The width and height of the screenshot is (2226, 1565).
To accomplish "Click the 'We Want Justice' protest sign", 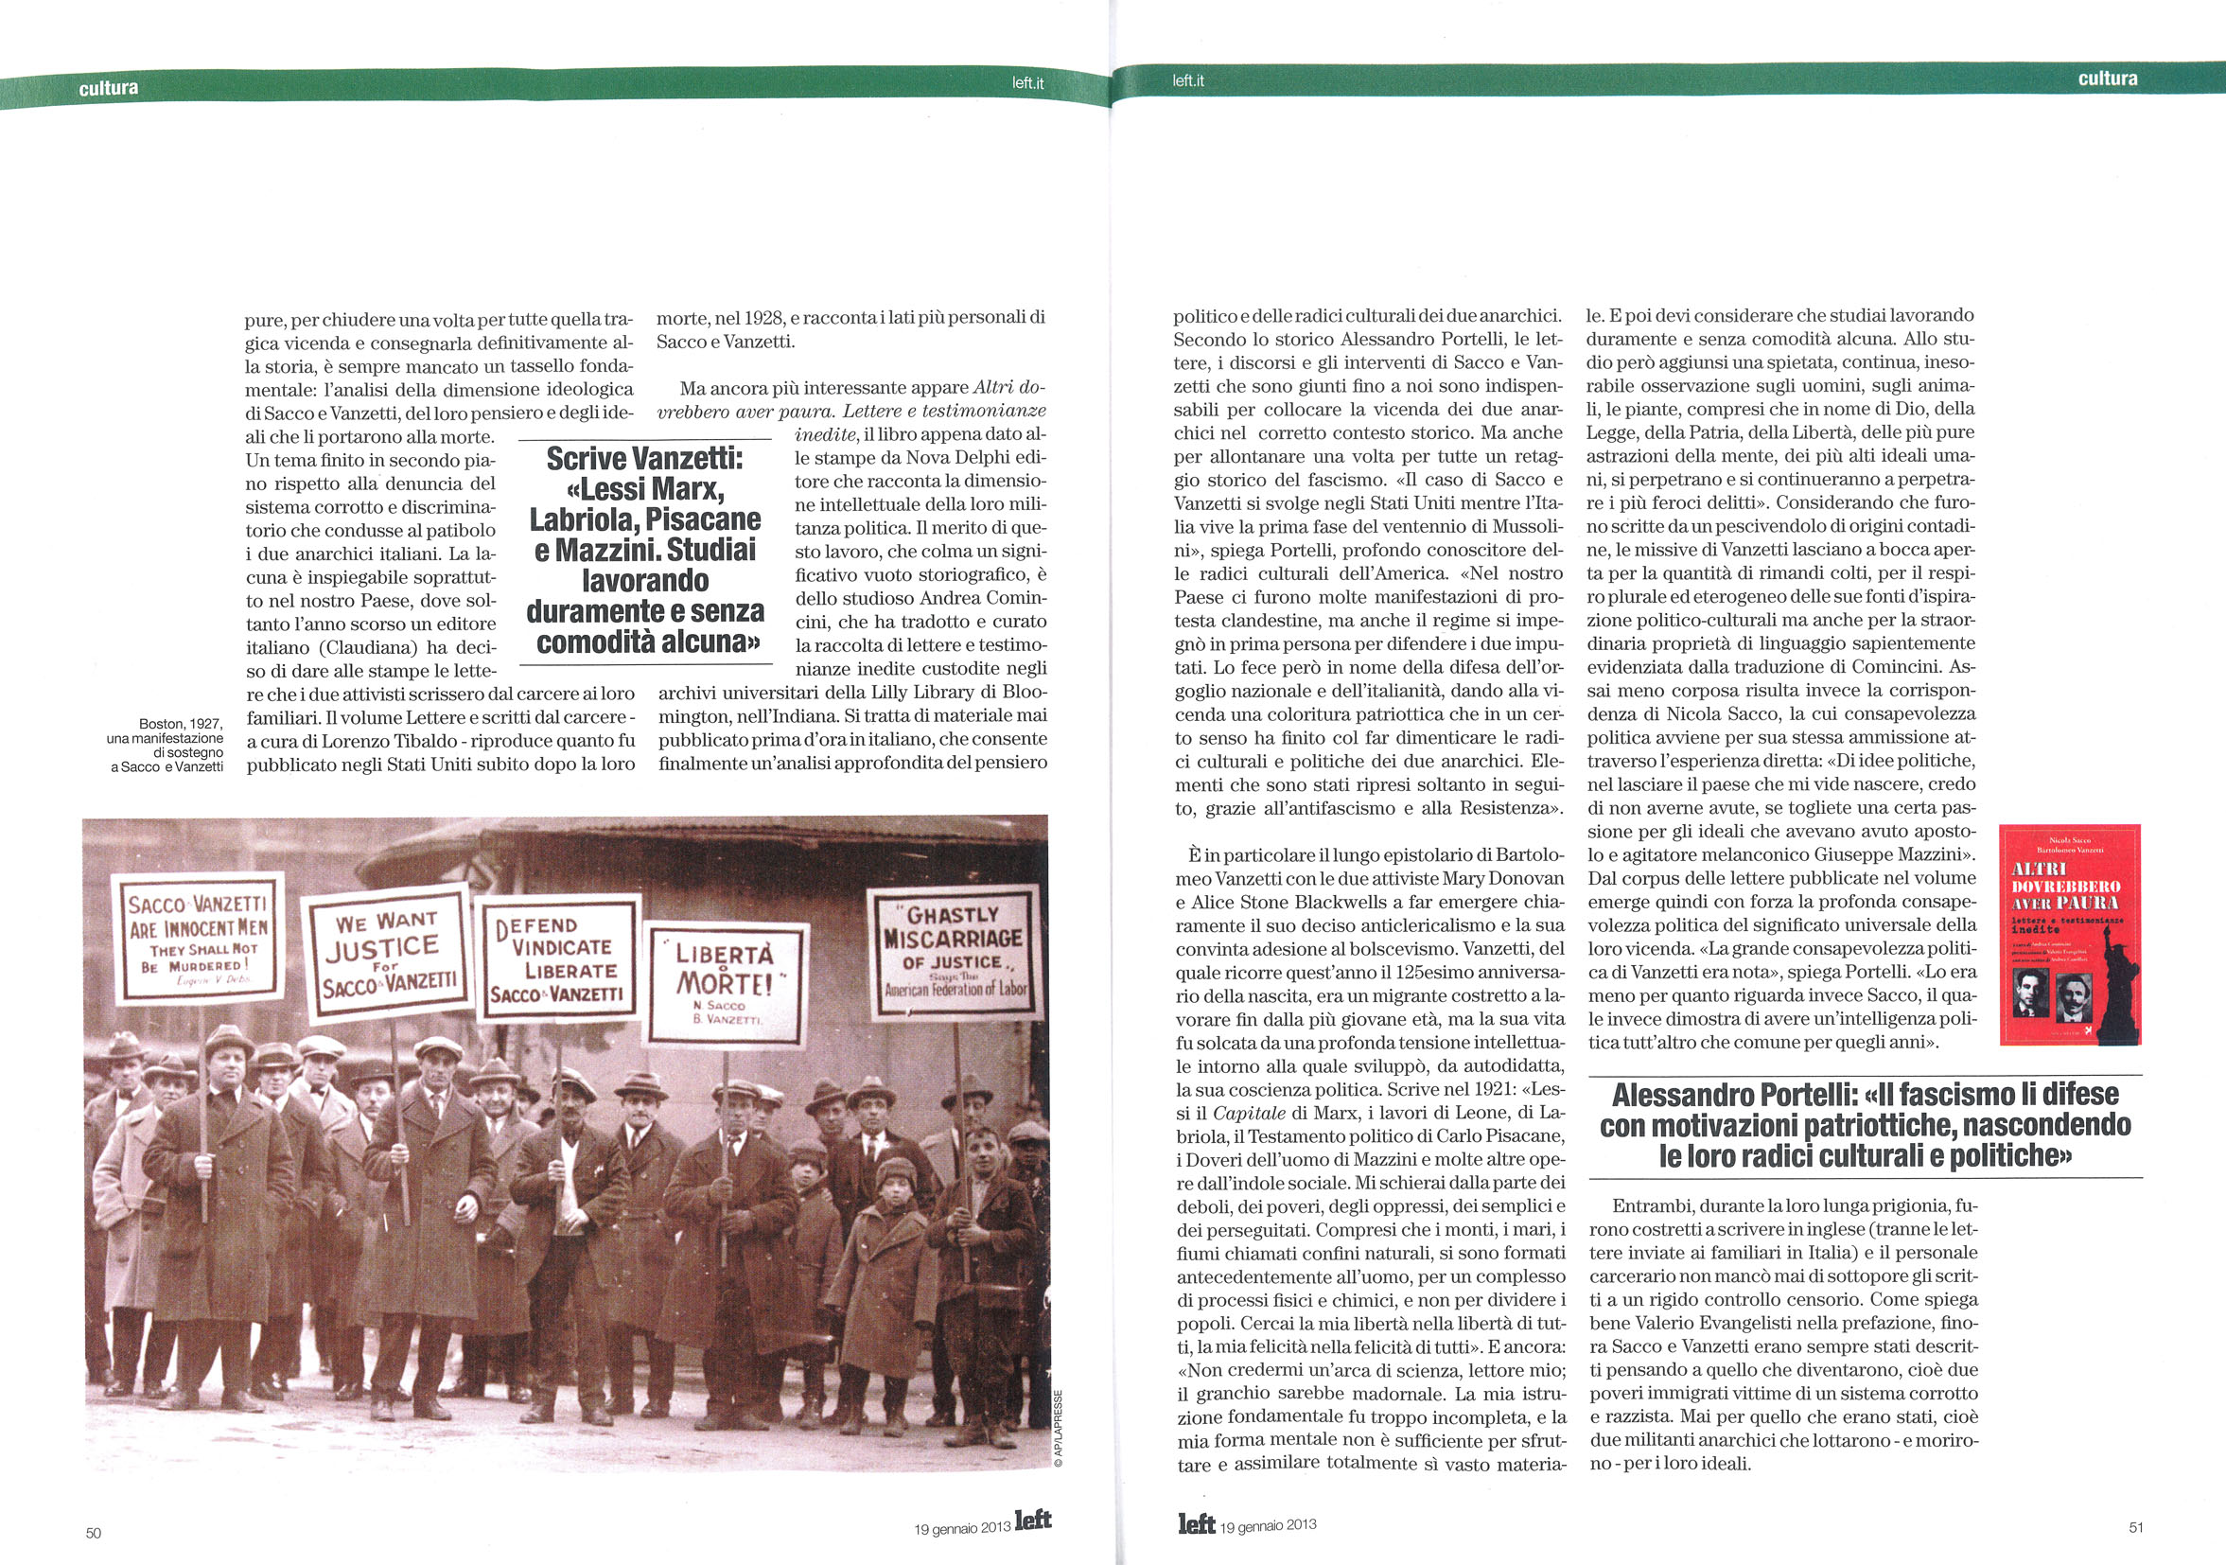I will pyautogui.click(x=386, y=953).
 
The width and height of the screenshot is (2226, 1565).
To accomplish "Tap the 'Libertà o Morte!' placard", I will pyautogui.click(x=725, y=983).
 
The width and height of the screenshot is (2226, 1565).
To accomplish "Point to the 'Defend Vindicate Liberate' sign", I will pyautogui.click(x=557, y=958).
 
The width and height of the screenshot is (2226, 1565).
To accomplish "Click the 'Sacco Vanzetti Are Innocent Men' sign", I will pyautogui.click(x=198, y=936).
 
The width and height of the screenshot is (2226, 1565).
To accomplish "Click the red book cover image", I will pyautogui.click(x=2069, y=934).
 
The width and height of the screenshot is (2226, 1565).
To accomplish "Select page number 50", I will pyautogui.click(x=93, y=1533).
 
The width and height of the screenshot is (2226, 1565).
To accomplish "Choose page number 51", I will pyautogui.click(x=2136, y=1527).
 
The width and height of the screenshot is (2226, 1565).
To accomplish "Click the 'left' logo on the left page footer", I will pyautogui.click(x=1032, y=1520).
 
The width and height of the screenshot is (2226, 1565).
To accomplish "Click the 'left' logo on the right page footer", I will pyautogui.click(x=1197, y=1523).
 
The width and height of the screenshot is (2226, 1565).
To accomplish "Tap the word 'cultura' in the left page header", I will pyautogui.click(x=109, y=88).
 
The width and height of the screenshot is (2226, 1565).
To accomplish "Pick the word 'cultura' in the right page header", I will pyautogui.click(x=2108, y=79).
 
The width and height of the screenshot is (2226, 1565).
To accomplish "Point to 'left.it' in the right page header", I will pyautogui.click(x=1187, y=80).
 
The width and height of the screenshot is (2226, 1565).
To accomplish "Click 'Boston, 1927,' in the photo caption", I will pyautogui.click(x=181, y=723).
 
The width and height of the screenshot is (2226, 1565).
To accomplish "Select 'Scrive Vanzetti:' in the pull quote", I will pyautogui.click(x=645, y=458).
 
